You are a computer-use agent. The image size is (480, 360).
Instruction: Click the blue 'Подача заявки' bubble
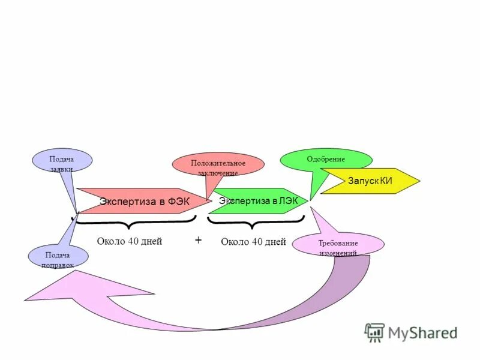tap(62, 161)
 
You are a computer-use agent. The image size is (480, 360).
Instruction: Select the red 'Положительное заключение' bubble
tap(218, 165)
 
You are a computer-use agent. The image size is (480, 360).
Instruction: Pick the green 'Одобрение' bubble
tap(326, 160)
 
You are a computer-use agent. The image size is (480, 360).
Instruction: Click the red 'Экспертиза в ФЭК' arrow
tap(144, 201)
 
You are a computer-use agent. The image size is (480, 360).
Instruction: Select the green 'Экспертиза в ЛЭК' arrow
tap(258, 201)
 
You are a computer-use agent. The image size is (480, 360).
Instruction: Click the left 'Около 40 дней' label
tap(130, 241)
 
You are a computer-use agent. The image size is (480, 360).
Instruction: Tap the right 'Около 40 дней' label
tap(253, 242)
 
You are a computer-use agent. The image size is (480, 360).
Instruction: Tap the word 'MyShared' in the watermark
tap(422, 332)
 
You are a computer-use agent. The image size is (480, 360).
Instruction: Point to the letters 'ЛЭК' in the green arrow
tap(288, 200)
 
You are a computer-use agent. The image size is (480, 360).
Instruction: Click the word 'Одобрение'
tap(326, 159)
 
